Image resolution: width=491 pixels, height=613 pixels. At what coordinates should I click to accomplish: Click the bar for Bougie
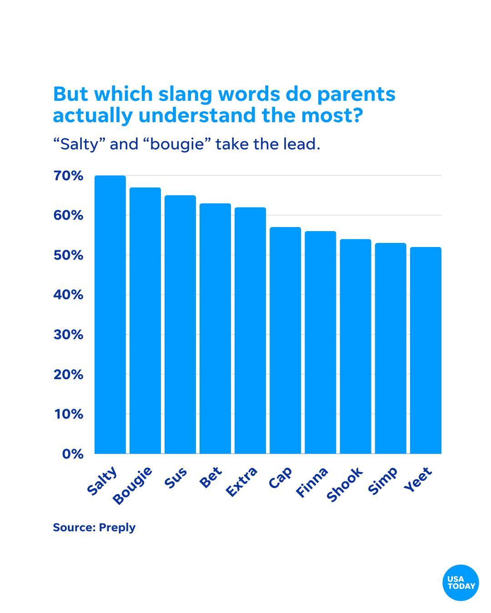(145, 320)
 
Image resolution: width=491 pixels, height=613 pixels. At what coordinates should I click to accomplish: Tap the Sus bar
(180, 324)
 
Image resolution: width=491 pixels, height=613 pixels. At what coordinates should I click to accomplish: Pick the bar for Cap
(285, 340)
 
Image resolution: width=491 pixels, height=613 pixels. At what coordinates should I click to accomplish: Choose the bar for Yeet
(426, 350)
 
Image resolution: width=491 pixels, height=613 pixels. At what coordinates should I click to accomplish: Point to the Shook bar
(356, 346)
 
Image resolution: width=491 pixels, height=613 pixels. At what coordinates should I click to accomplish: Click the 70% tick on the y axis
(68, 176)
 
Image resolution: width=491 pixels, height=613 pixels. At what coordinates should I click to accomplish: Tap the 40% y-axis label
(68, 295)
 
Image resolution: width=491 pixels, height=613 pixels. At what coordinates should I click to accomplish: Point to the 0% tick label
(72, 454)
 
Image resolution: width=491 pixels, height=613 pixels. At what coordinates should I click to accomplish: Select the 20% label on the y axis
(68, 375)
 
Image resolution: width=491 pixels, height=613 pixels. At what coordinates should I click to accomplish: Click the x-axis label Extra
(242, 482)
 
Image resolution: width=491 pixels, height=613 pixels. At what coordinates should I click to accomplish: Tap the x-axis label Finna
(312, 482)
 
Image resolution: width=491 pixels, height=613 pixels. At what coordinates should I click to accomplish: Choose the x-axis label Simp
(383, 480)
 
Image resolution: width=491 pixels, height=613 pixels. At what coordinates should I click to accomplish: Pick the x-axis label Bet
(211, 477)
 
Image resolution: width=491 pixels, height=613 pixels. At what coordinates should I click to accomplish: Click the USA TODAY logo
(461, 583)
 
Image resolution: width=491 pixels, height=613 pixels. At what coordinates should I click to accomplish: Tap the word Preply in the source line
(117, 528)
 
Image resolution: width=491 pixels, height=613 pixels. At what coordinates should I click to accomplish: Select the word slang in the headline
(186, 94)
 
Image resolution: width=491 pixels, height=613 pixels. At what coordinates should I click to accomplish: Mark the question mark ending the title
(357, 115)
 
